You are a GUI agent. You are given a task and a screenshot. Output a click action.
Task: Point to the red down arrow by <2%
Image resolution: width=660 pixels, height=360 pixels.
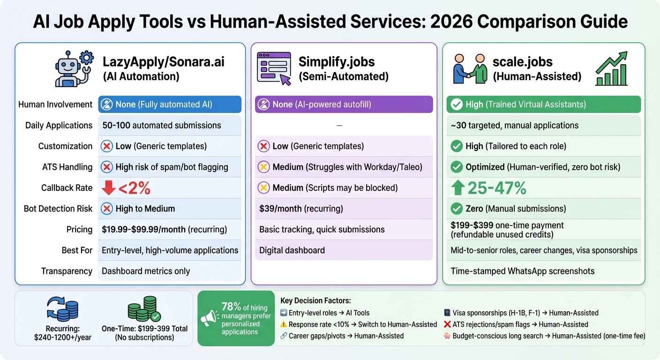[109, 188]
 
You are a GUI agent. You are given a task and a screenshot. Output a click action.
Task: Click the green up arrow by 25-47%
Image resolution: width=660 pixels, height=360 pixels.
[458, 188]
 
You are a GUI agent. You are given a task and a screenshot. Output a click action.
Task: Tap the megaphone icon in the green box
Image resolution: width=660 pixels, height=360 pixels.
[210, 318]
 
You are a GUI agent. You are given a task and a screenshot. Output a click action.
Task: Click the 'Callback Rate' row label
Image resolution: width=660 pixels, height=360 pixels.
[67, 188]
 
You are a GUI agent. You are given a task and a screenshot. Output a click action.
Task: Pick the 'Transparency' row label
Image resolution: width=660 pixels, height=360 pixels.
[67, 271]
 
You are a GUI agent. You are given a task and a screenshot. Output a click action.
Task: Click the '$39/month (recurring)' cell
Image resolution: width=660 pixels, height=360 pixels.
[301, 209]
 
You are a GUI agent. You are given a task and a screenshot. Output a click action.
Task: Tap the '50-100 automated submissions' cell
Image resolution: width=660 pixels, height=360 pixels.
[161, 125]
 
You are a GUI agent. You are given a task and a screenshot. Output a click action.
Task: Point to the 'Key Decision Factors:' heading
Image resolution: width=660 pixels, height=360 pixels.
[315, 300]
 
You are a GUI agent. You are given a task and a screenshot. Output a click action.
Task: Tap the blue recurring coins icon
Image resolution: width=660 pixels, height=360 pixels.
[63, 310]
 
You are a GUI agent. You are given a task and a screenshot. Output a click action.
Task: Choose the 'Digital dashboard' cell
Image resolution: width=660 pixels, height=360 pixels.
[292, 250]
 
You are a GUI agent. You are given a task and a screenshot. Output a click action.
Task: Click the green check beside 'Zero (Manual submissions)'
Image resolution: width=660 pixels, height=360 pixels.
[456, 209]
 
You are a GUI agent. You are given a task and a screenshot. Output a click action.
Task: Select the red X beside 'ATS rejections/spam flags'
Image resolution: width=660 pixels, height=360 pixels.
[447, 324]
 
